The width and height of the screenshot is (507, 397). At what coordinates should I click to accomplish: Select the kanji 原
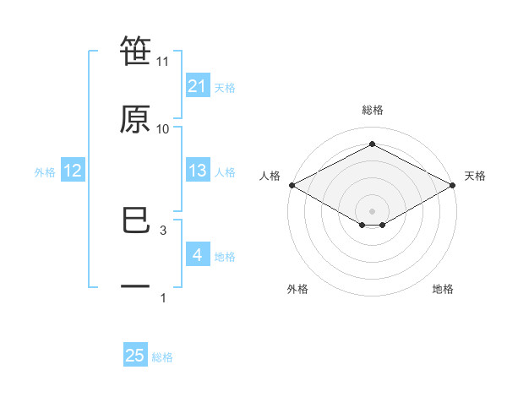click(x=135, y=118)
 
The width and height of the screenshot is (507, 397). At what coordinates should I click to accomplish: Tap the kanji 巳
click(x=135, y=221)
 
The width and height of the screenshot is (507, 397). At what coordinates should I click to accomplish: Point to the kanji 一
click(x=135, y=287)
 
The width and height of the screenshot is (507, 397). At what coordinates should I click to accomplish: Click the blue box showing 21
click(x=197, y=86)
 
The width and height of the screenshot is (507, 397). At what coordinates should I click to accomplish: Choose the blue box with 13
click(x=197, y=171)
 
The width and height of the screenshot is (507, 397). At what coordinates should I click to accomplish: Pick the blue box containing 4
click(x=197, y=255)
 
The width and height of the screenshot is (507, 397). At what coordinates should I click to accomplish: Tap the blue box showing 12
click(x=73, y=171)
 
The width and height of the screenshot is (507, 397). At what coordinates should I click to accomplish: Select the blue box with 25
click(x=135, y=356)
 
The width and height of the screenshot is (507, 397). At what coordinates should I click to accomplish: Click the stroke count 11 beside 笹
click(x=163, y=62)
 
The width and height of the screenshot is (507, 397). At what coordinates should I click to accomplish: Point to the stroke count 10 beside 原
click(x=163, y=129)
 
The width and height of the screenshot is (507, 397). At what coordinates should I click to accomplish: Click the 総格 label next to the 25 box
click(x=162, y=357)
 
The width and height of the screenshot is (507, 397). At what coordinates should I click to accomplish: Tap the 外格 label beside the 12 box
click(x=45, y=172)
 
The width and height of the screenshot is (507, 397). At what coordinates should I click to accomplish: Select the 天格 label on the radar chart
click(x=475, y=176)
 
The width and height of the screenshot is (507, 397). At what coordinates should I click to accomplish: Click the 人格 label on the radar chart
click(x=270, y=176)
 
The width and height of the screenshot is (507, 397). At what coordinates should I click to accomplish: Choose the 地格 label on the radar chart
click(x=443, y=289)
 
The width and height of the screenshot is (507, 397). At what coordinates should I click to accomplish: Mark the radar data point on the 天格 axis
click(x=454, y=185)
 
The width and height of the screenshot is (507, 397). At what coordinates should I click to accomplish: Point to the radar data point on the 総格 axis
click(x=372, y=144)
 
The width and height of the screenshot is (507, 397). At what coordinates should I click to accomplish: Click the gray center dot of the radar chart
click(x=372, y=209)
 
